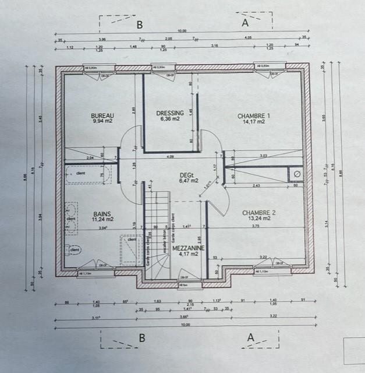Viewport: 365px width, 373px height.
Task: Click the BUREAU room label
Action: click(x=102, y=116)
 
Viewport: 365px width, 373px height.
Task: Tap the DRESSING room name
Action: click(x=171, y=113)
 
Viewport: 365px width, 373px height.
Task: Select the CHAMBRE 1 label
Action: click(x=254, y=115)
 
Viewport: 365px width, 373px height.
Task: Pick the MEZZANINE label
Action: click(x=189, y=248)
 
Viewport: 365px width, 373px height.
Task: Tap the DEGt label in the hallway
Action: click(x=186, y=175)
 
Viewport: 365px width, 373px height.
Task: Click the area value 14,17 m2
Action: click(x=254, y=122)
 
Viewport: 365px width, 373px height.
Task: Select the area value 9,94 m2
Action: click(x=102, y=122)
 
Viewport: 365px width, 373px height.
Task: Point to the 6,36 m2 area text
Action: click(x=171, y=119)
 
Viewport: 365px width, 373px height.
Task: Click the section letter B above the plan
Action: click(x=139, y=24)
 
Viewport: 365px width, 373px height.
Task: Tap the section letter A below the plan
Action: click(x=251, y=337)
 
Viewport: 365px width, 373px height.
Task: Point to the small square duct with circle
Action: click(x=296, y=174)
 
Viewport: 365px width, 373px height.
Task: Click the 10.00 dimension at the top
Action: click(x=182, y=31)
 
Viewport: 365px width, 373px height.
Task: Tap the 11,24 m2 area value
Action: click(x=102, y=221)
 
